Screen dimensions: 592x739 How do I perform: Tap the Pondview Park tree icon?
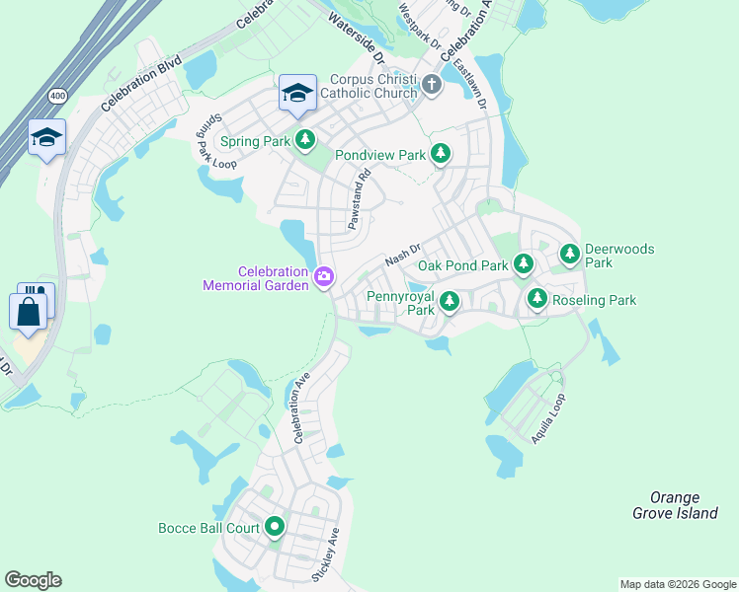pos(441,155)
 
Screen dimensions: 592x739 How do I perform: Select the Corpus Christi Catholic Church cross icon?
pos(431,85)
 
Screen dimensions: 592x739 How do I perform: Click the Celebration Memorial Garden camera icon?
pos(323,278)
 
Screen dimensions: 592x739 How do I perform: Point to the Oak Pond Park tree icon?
pos(524,265)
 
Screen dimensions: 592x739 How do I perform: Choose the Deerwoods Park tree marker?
pos(570,256)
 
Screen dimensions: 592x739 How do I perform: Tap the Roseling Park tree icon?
pos(536,299)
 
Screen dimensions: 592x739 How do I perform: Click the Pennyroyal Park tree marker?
pos(449,302)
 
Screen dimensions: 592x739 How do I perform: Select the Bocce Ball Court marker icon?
pos(275,528)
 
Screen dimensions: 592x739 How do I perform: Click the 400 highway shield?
pos(56,97)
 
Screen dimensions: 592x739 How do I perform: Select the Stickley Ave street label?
pos(325,555)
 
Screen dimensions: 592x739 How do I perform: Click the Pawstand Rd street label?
pos(358,200)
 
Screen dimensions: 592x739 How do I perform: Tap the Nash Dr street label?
pos(402,256)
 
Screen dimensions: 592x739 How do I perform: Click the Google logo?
pos(33,580)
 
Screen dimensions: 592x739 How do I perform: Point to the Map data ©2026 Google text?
pos(677,584)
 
